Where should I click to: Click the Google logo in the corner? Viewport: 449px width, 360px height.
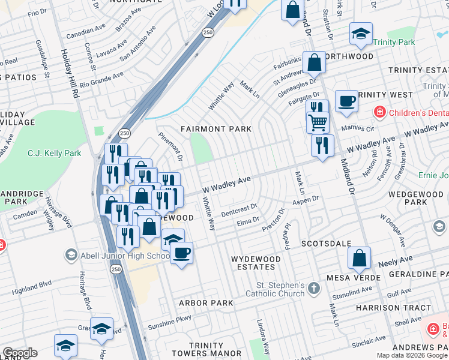pyautogui.click(x=19, y=353)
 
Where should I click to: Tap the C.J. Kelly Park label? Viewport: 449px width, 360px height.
pyautogui.click(x=55, y=154)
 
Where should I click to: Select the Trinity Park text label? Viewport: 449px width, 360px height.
pyautogui.click(x=394, y=43)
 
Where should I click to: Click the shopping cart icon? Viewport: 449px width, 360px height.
pyautogui.click(x=318, y=122)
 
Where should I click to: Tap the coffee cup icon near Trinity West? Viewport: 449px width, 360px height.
pyautogui.click(x=346, y=101)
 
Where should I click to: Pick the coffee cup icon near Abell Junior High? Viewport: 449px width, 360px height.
pyautogui.click(x=181, y=251)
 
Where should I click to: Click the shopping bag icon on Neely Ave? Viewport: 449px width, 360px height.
pyautogui.click(x=359, y=258)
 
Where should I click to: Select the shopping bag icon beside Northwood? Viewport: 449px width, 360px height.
pyautogui.click(x=314, y=62)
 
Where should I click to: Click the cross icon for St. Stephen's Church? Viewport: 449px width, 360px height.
pyautogui.click(x=313, y=289)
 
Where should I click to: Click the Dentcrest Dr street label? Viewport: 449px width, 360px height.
pyautogui.click(x=238, y=209)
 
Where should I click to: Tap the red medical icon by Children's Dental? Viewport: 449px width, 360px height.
pyautogui.click(x=379, y=112)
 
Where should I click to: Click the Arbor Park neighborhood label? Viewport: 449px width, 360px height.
pyautogui.click(x=206, y=303)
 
